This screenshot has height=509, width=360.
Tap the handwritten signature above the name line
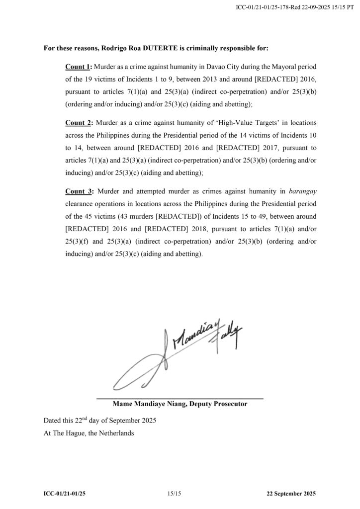click(179, 353)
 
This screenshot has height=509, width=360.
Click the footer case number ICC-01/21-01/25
click(67, 493)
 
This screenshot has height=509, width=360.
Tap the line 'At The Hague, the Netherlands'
click(89, 433)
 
